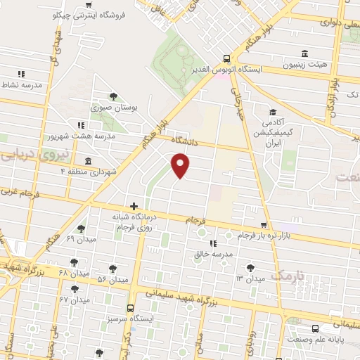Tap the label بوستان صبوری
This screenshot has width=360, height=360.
point(114,108)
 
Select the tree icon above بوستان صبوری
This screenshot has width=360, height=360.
point(113,96)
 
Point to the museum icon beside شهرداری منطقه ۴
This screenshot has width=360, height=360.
point(87,161)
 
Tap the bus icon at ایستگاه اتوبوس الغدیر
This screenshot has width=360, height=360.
point(227,59)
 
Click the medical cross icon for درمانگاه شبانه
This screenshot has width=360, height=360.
point(134,206)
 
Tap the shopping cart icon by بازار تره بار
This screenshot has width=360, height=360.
point(264,225)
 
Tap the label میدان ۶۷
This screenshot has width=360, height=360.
point(75,300)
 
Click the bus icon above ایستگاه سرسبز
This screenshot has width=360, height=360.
point(130,307)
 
